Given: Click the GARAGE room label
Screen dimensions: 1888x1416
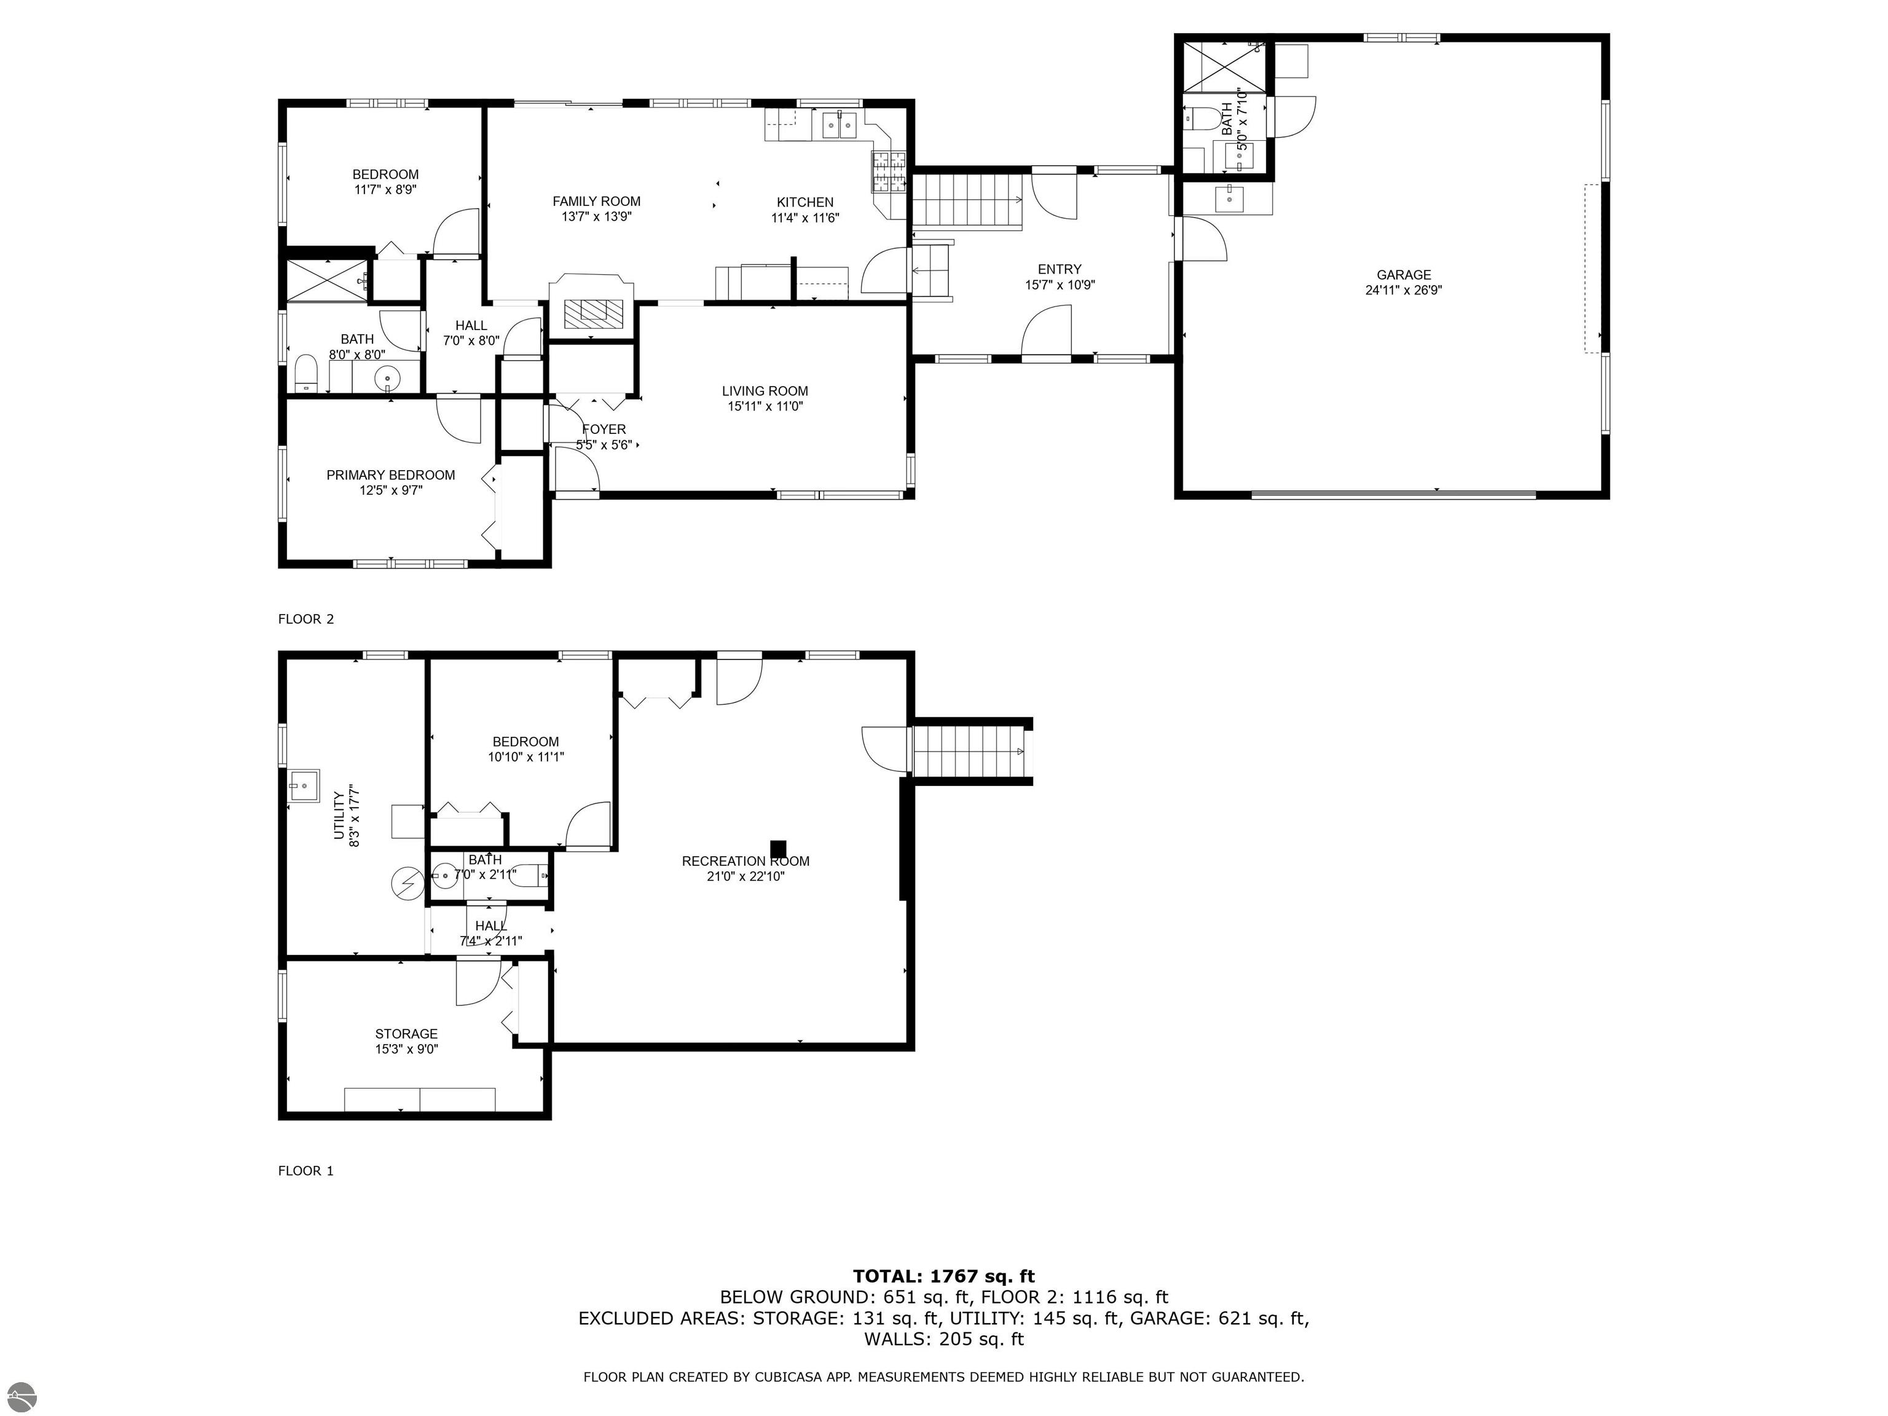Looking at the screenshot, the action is (1403, 275).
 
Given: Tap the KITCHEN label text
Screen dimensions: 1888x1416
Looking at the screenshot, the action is (805, 202).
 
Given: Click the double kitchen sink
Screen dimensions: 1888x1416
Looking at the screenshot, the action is (839, 125).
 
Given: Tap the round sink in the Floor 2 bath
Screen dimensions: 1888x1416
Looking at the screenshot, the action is (388, 376).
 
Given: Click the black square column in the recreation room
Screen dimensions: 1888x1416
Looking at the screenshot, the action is (777, 848).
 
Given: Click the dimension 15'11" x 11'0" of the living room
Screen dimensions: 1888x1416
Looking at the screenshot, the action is (765, 406).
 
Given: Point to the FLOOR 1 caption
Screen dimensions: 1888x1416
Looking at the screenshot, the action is (305, 1171).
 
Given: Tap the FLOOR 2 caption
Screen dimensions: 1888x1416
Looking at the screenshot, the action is (305, 619).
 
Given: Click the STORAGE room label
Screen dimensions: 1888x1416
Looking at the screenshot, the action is (406, 1034).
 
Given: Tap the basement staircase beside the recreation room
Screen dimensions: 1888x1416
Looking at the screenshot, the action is (970, 751).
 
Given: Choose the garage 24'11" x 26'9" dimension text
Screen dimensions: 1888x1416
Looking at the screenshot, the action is (1403, 290).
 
